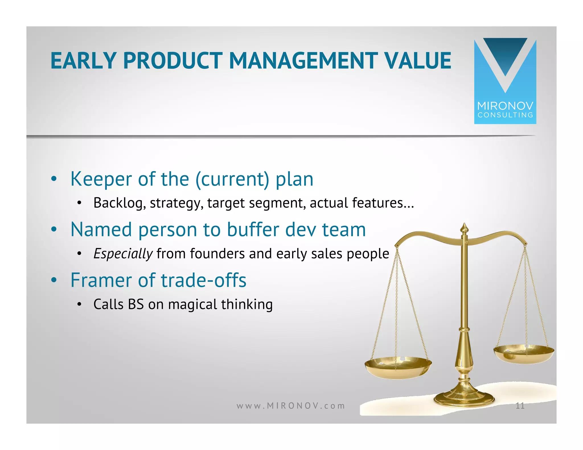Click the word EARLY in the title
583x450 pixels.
pos(83,61)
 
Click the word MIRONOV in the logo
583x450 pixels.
pos(505,106)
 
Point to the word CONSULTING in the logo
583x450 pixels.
pos(505,115)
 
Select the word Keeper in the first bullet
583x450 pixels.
pos(101,179)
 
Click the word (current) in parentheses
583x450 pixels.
pos(232,180)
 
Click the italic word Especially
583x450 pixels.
pos(123,254)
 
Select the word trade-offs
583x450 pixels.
pos(204,280)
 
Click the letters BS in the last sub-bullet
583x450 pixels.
pos(136,304)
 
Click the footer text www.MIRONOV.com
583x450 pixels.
pos(291,406)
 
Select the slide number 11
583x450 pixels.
pos(520,406)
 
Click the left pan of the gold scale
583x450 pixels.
pos(398,367)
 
